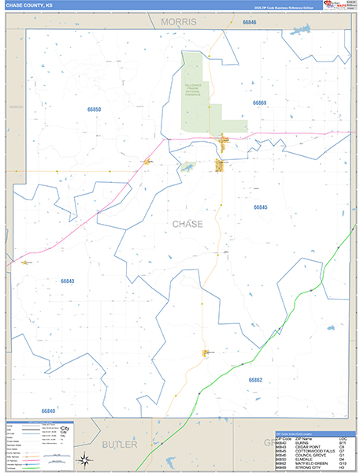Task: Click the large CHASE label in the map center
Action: coord(187,224)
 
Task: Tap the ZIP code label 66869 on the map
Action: coord(260,102)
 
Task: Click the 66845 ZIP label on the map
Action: coord(261,207)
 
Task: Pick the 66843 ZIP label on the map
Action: coord(68,281)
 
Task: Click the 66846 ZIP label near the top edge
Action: coord(250,22)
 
